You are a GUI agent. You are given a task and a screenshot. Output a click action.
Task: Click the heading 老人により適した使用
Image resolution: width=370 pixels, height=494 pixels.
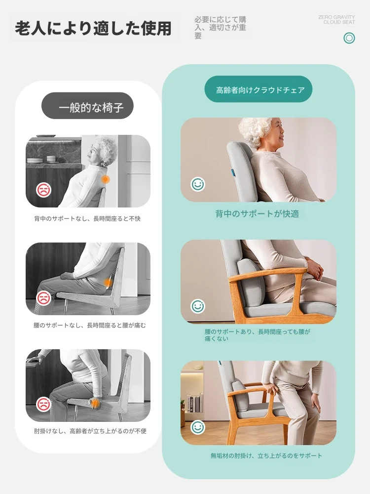(93, 29)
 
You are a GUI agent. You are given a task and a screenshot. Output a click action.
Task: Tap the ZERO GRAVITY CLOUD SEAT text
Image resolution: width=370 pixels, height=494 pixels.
(336, 20)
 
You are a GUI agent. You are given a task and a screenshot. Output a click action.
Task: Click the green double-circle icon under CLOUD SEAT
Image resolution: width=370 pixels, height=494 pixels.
(349, 38)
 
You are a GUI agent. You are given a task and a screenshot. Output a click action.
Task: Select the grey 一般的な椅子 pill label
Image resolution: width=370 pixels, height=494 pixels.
(87, 106)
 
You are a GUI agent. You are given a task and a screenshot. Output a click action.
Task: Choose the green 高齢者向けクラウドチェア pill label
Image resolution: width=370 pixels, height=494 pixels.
(259, 89)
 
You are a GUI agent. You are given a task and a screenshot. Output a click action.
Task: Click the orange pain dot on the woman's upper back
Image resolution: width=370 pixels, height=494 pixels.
(106, 180)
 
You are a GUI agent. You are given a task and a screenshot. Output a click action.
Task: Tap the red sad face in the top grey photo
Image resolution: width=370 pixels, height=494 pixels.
(43, 190)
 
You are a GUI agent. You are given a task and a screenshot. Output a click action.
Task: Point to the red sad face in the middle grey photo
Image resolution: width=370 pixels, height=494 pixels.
(43, 298)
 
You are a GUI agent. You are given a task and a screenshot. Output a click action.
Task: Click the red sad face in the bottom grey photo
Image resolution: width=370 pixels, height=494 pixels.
(43, 404)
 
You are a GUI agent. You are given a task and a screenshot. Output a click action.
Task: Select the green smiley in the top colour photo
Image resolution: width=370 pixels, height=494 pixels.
(198, 184)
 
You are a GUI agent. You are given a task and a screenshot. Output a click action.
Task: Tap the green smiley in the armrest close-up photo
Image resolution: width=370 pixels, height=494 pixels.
(198, 306)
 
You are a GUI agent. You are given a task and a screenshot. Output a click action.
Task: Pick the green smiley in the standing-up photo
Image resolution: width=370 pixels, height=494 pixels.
(198, 427)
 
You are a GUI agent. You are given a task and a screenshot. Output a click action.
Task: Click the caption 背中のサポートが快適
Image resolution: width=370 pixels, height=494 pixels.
(257, 214)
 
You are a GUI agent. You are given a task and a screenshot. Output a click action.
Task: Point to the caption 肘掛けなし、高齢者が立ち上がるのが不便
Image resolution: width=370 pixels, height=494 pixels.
(90, 431)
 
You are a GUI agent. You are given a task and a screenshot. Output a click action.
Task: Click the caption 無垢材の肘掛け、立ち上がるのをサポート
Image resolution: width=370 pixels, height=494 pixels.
(266, 455)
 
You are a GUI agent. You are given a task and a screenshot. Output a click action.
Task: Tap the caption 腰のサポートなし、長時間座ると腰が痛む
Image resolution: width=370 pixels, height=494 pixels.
(90, 326)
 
